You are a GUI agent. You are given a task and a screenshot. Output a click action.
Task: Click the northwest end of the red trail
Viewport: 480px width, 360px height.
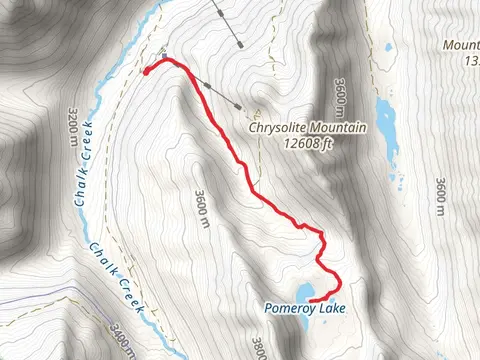147,71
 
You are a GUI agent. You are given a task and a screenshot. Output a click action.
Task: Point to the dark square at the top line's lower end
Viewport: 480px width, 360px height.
240,42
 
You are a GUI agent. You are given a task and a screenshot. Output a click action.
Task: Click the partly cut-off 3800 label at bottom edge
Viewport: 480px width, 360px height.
259,349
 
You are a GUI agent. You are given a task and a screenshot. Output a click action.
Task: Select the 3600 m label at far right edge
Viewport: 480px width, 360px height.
440,194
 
